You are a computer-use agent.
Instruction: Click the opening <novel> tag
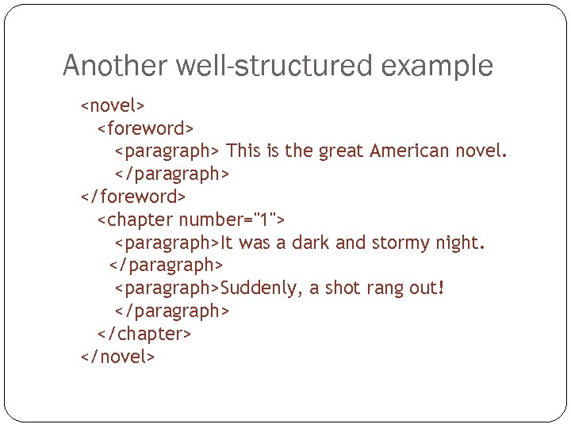(x=113, y=105)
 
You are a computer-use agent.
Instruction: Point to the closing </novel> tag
(x=117, y=357)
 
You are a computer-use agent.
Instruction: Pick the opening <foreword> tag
(x=146, y=128)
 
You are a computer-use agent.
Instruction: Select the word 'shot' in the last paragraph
(x=344, y=288)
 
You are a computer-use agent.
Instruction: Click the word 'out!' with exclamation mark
(x=429, y=288)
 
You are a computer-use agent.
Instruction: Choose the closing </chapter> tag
(x=144, y=334)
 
